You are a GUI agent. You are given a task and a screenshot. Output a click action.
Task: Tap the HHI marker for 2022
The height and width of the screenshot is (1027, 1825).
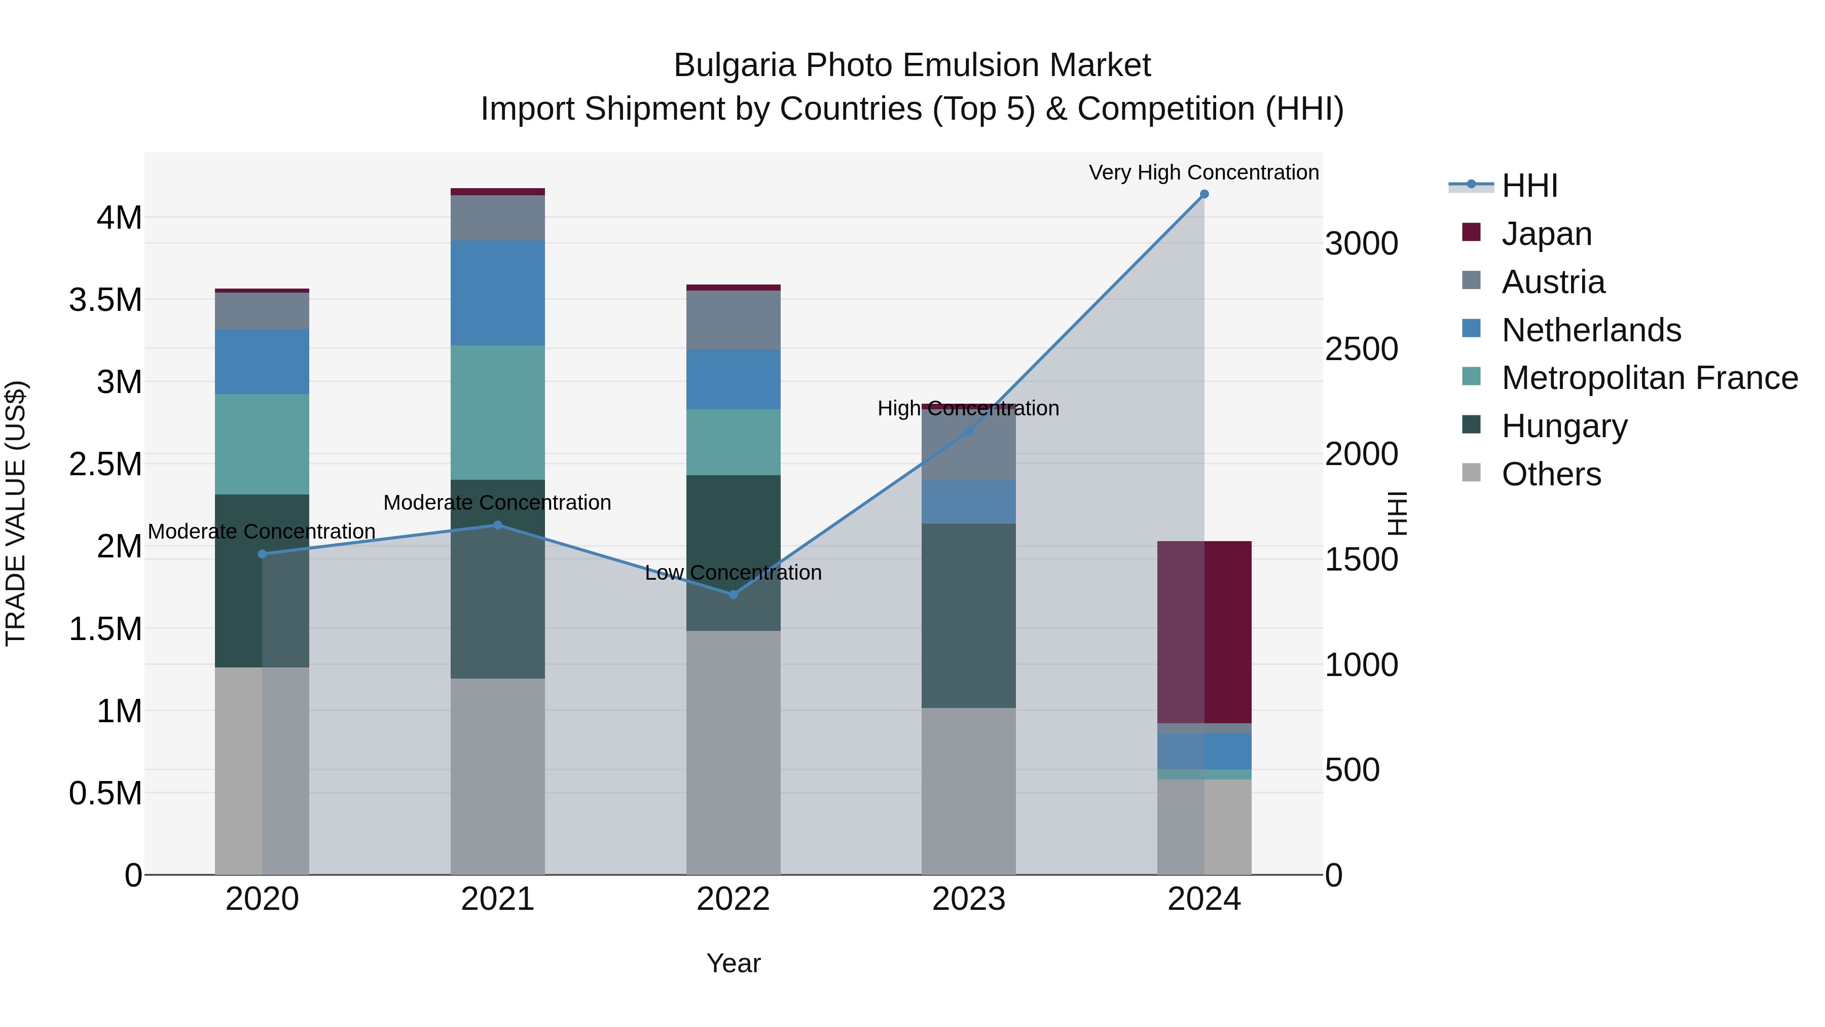click(733, 594)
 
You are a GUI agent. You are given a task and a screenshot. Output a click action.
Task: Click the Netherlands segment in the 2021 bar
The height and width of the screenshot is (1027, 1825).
click(497, 293)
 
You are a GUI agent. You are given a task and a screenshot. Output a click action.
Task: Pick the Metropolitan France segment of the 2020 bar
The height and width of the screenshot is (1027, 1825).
click(262, 444)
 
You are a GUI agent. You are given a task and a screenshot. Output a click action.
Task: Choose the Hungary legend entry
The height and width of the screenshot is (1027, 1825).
click(1564, 426)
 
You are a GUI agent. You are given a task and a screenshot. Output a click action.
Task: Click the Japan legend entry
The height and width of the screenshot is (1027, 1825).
click(1547, 233)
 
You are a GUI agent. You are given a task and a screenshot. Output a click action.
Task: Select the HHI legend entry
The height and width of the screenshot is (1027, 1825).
click(1529, 186)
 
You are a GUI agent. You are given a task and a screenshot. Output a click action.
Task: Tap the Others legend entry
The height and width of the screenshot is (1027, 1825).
click(1551, 474)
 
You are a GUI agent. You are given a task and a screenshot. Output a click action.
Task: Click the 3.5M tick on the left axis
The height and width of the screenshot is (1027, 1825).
click(105, 300)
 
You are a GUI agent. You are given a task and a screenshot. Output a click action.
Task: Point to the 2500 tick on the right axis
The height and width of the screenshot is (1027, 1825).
click(1361, 349)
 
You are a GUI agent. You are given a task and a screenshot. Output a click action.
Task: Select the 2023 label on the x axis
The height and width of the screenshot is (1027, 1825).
click(968, 899)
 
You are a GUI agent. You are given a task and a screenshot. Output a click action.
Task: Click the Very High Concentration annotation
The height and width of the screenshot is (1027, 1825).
click(1203, 172)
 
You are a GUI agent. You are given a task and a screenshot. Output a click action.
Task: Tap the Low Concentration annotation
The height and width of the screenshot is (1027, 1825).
click(733, 572)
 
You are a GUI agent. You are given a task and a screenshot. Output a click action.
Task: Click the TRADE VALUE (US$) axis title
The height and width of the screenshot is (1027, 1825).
click(16, 513)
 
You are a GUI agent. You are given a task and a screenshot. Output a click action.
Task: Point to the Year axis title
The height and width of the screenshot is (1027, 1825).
click(733, 963)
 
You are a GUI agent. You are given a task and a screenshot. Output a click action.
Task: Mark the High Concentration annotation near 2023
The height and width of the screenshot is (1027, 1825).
click(968, 408)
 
